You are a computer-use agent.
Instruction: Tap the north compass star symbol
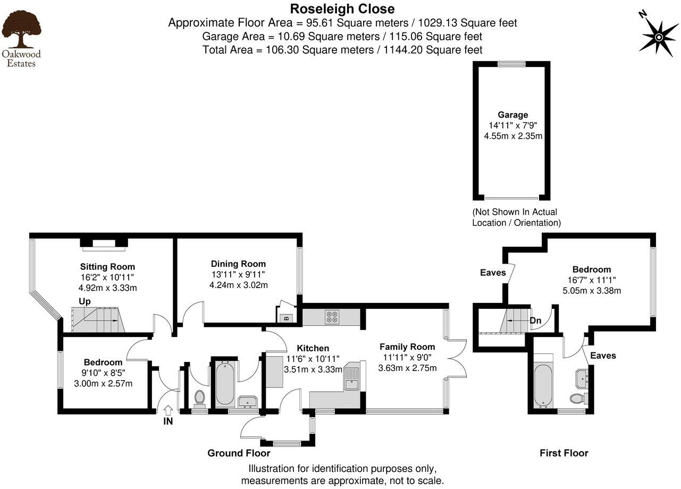point(658,36)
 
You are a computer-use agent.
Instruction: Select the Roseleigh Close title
point(342,9)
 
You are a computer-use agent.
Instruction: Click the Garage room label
point(512,115)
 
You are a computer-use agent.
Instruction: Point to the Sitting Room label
point(107,266)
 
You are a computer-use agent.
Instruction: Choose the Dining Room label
point(238,264)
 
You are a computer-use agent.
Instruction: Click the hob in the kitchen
point(332,317)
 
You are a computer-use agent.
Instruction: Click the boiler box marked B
point(285,318)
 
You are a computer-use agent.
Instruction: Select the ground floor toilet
point(200,398)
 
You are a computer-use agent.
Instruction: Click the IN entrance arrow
point(168,410)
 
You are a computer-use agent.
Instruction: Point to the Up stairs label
point(85,301)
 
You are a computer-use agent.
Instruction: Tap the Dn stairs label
point(535,321)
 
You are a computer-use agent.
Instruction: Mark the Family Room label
point(407,347)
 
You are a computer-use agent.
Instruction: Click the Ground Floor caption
point(239,453)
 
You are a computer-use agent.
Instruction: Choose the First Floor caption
point(564,453)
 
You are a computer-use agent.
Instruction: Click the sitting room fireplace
point(104,244)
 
